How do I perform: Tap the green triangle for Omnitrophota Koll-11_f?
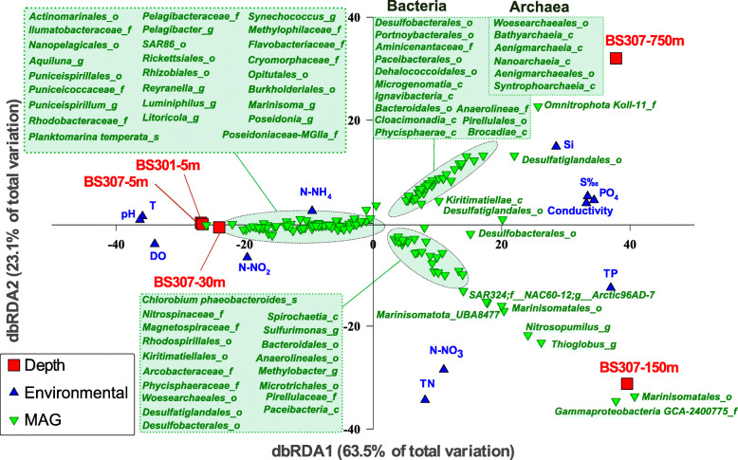539,106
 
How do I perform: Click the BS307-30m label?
190,282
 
